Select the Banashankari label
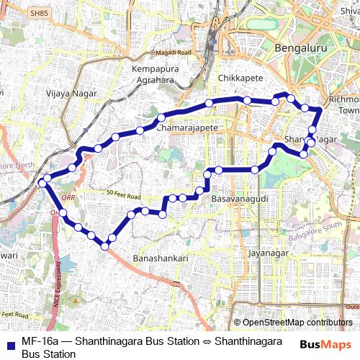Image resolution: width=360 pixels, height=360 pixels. click(161, 258)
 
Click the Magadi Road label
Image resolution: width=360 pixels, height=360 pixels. click(173, 53)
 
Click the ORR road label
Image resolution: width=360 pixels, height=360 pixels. click(68, 197)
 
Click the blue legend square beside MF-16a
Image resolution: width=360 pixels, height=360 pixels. click(10, 341)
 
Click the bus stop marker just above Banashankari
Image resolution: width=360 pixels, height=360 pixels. click(104, 246)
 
